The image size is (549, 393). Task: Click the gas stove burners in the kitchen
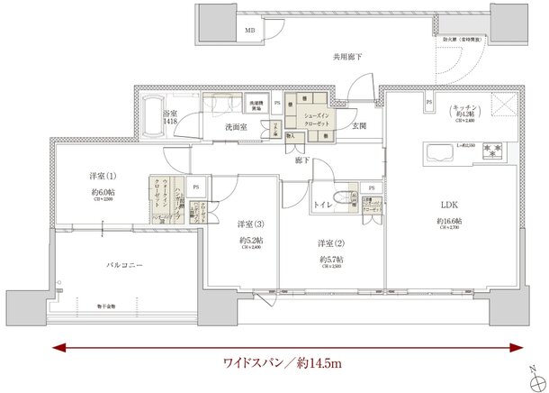[x=493, y=151]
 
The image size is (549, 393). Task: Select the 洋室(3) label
[x=252, y=224]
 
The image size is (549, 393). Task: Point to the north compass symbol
[x=534, y=368]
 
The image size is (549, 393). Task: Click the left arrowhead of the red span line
[x=58, y=344]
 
